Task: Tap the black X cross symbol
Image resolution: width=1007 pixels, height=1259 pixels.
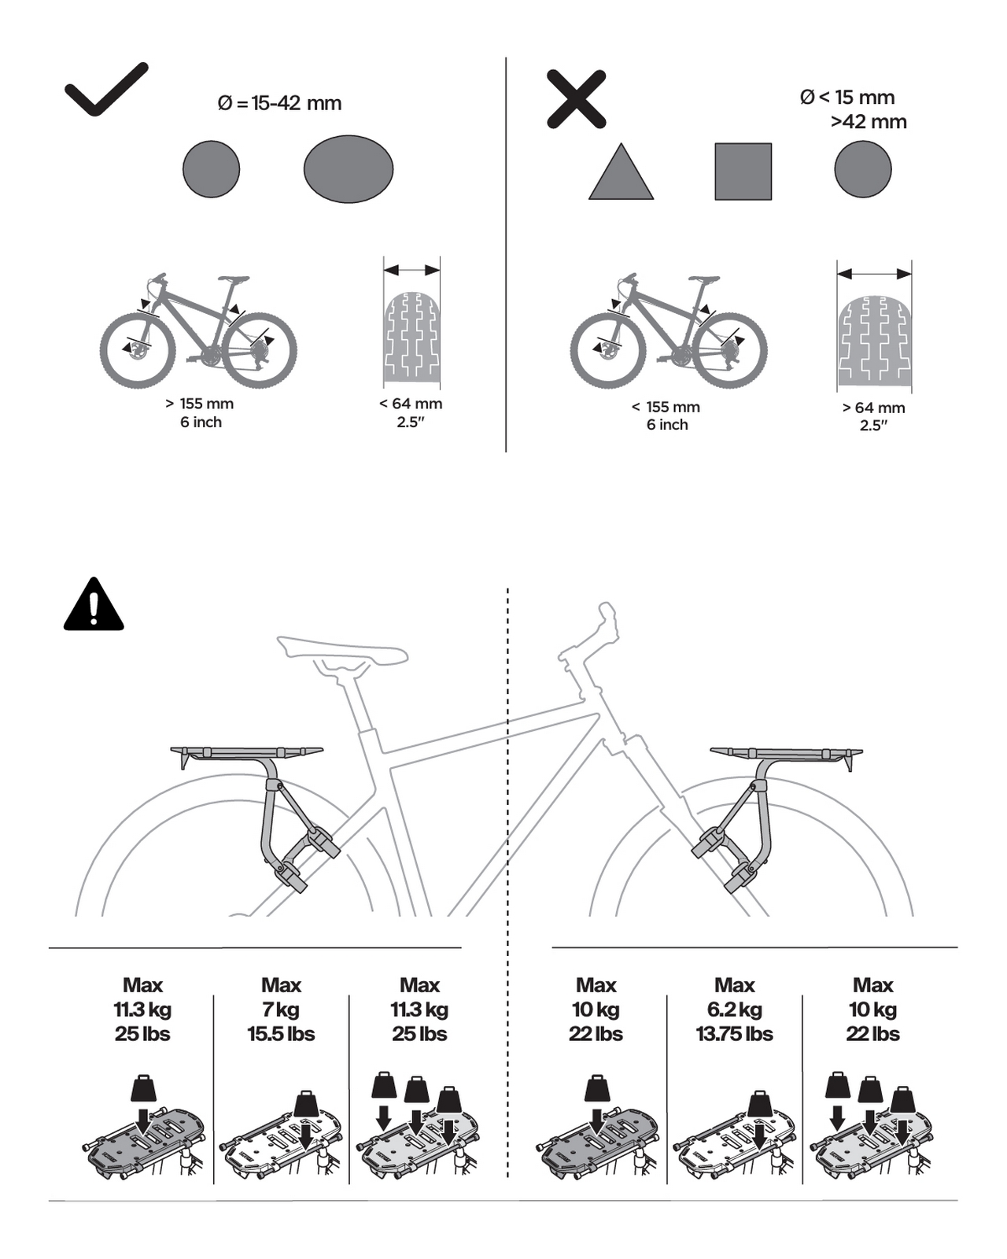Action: pos(577,99)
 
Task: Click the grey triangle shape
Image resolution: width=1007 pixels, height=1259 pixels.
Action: pos(621,172)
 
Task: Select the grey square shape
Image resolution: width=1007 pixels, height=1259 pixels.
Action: pos(743,172)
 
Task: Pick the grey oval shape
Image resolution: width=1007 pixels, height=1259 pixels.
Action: pos(349,169)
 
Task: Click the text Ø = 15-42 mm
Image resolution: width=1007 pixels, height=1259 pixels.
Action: pos(280,104)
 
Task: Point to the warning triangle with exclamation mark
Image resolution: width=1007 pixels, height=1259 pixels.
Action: pos(94,604)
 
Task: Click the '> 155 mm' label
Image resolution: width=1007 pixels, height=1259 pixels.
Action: pos(200,404)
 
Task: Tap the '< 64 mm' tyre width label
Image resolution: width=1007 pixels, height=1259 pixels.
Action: pos(411,404)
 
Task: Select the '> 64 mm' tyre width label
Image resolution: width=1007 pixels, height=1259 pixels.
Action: pos(873,408)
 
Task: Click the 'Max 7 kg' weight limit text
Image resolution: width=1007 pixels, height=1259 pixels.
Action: pos(281,997)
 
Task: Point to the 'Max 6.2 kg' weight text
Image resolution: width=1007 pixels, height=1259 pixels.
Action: pos(735,997)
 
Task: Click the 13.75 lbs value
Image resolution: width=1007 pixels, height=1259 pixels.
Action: pos(734,1034)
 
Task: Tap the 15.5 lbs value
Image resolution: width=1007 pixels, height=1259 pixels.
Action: pos(281,1034)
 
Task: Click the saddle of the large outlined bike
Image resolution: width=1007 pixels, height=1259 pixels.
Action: pos(342,650)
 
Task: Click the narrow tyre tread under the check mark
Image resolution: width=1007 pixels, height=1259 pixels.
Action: pos(412,339)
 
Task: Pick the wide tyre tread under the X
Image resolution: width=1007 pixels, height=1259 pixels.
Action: pos(874,342)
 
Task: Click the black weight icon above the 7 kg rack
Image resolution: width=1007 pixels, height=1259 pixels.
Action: pos(306,1102)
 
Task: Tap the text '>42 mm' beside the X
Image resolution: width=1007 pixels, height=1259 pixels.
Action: pos(869,122)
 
